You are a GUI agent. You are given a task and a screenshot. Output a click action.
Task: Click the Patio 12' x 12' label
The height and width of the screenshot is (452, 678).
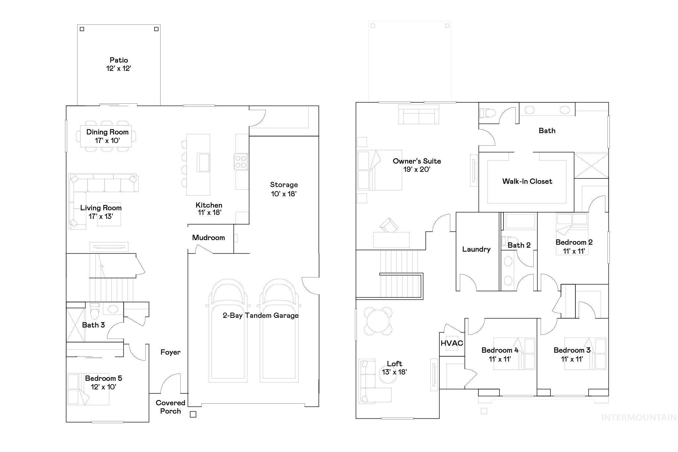pyautogui.click(x=119, y=64)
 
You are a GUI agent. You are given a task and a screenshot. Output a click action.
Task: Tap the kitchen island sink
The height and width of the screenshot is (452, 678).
pyautogui.click(x=203, y=162)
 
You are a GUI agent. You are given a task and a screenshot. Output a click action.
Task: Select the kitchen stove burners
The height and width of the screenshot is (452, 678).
pyautogui.click(x=241, y=162)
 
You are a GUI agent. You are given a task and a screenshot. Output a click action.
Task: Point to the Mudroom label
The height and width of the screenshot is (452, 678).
pyautogui.click(x=208, y=238)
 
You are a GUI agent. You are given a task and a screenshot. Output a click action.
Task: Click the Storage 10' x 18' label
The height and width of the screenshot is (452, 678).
pyautogui.click(x=284, y=189)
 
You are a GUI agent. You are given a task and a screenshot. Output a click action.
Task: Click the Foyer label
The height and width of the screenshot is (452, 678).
pyautogui.click(x=170, y=352)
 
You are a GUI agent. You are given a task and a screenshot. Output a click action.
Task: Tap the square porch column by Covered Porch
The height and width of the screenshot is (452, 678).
pyautogui.click(x=193, y=414)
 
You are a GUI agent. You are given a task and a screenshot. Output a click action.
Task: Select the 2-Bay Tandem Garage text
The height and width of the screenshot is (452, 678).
pyautogui.click(x=261, y=316)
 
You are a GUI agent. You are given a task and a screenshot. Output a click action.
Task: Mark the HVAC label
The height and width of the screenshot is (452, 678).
pyautogui.click(x=452, y=343)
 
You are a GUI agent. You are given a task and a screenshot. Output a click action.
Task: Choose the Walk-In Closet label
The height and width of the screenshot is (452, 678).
pyautogui.click(x=527, y=181)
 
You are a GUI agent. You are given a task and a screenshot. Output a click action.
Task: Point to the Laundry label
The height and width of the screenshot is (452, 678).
pyautogui.click(x=476, y=249)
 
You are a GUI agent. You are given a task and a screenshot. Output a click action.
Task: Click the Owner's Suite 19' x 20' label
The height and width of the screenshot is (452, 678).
pyautogui.click(x=416, y=165)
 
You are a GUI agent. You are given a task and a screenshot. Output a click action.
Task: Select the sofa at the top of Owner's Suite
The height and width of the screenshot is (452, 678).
pyautogui.click(x=418, y=115)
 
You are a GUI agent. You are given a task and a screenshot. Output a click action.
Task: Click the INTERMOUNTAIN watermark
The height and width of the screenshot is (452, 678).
pyautogui.click(x=639, y=418)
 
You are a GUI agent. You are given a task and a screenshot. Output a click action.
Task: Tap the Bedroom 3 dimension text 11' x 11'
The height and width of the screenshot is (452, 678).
pyautogui.click(x=572, y=359)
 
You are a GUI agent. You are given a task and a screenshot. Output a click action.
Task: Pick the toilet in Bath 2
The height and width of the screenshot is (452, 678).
pyautogui.click(x=509, y=240)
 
